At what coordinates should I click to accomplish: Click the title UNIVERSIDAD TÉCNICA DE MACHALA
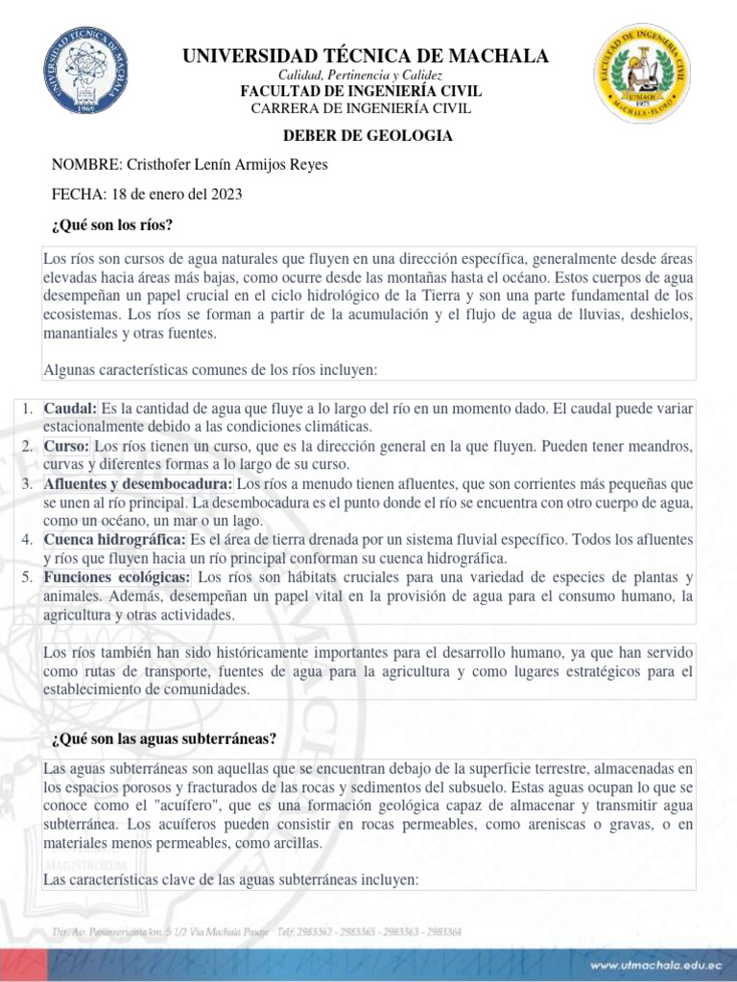pyautogui.click(x=367, y=57)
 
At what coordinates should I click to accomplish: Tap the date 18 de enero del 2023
pyautogui.click(x=178, y=194)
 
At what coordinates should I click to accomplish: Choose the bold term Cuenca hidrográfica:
pyautogui.click(x=115, y=540)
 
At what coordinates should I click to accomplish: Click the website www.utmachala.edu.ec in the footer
pyautogui.click(x=644, y=963)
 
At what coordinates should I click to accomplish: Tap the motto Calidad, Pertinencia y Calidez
pyautogui.click(x=360, y=75)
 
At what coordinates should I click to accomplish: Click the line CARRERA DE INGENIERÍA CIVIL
pyautogui.click(x=360, y=107)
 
